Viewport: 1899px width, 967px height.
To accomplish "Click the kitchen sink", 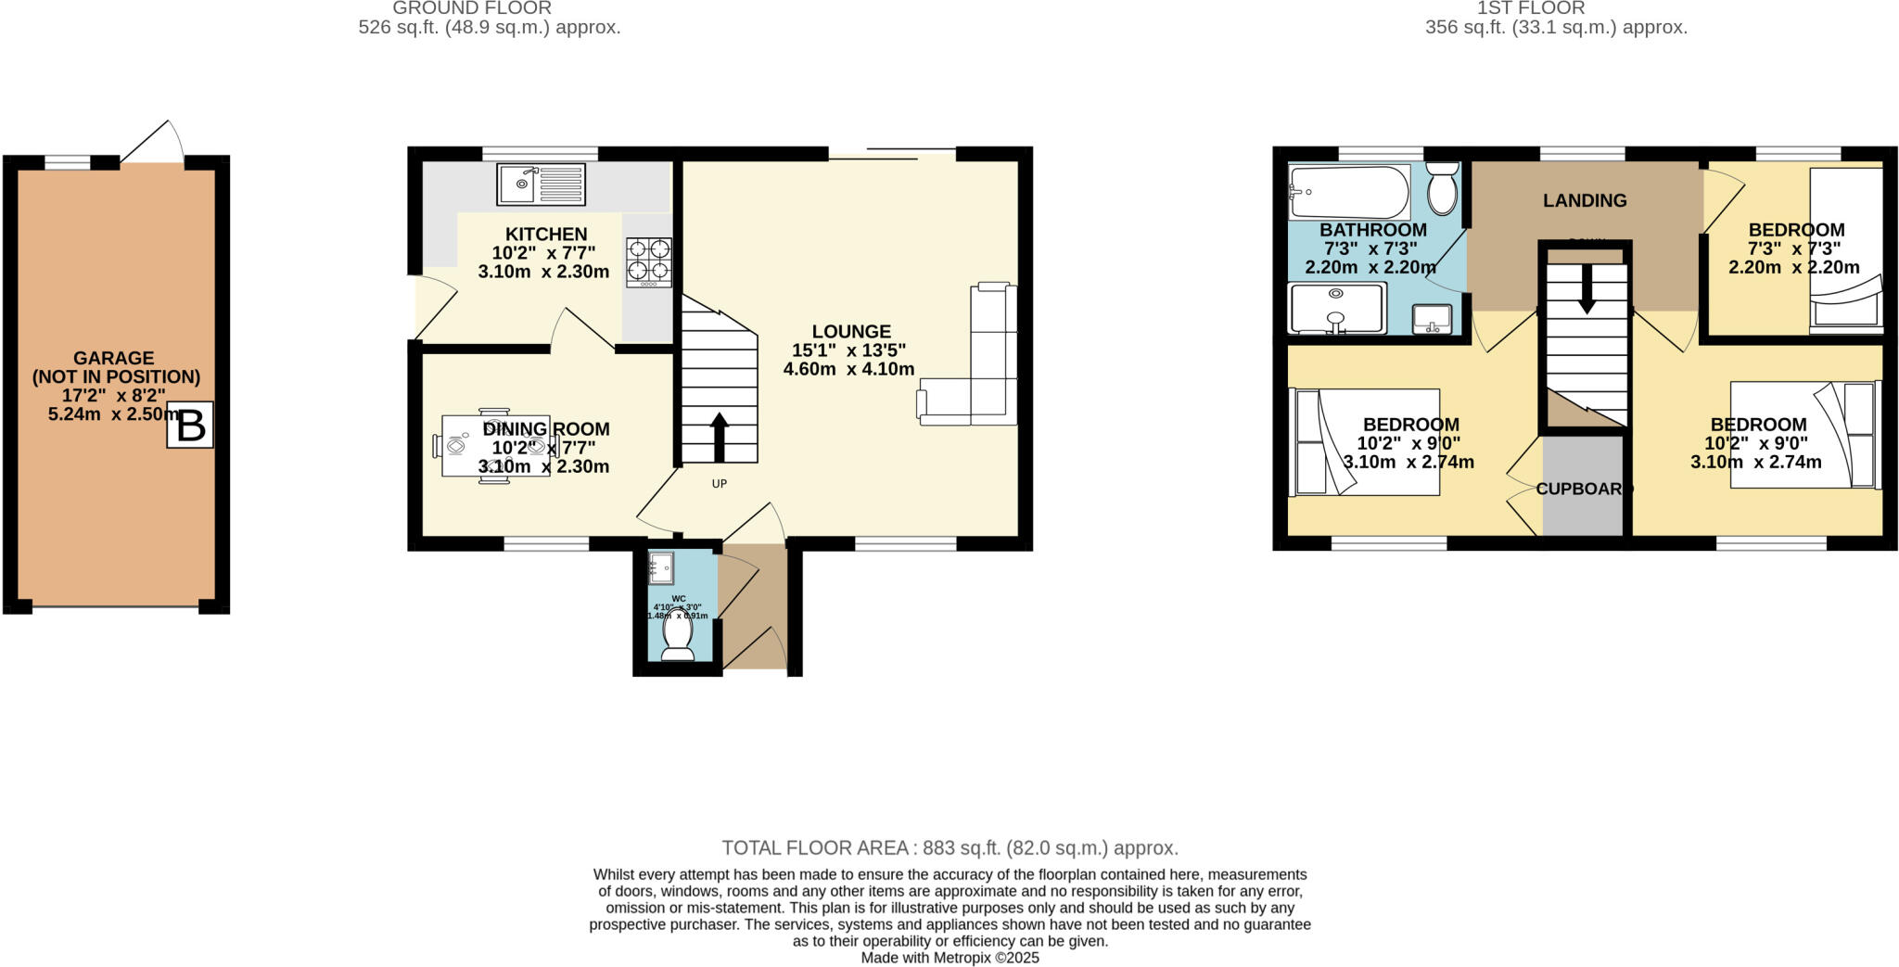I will coord(542,184).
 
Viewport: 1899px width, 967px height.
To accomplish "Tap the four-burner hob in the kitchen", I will coord(648,260).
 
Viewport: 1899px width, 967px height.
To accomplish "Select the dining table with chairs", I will coord(495,446).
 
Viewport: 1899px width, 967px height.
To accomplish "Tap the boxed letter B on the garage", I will coord(190,426).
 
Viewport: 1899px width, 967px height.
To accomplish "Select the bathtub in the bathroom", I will coord(1349,192).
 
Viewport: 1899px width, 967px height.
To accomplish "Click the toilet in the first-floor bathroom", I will coord(1443,189).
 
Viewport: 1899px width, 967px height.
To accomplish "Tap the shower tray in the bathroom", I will coord(1337,308).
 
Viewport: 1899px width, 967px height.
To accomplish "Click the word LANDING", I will coord(1585,200).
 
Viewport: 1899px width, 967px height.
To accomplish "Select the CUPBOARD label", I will coord(1583,489).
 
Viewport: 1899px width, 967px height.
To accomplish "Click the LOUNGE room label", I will coord(851,331).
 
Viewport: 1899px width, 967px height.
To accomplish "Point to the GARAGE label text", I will coord(114,358).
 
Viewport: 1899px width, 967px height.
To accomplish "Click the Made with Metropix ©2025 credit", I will coord(949,958).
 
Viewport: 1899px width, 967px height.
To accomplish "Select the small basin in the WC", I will coord(661,564).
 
